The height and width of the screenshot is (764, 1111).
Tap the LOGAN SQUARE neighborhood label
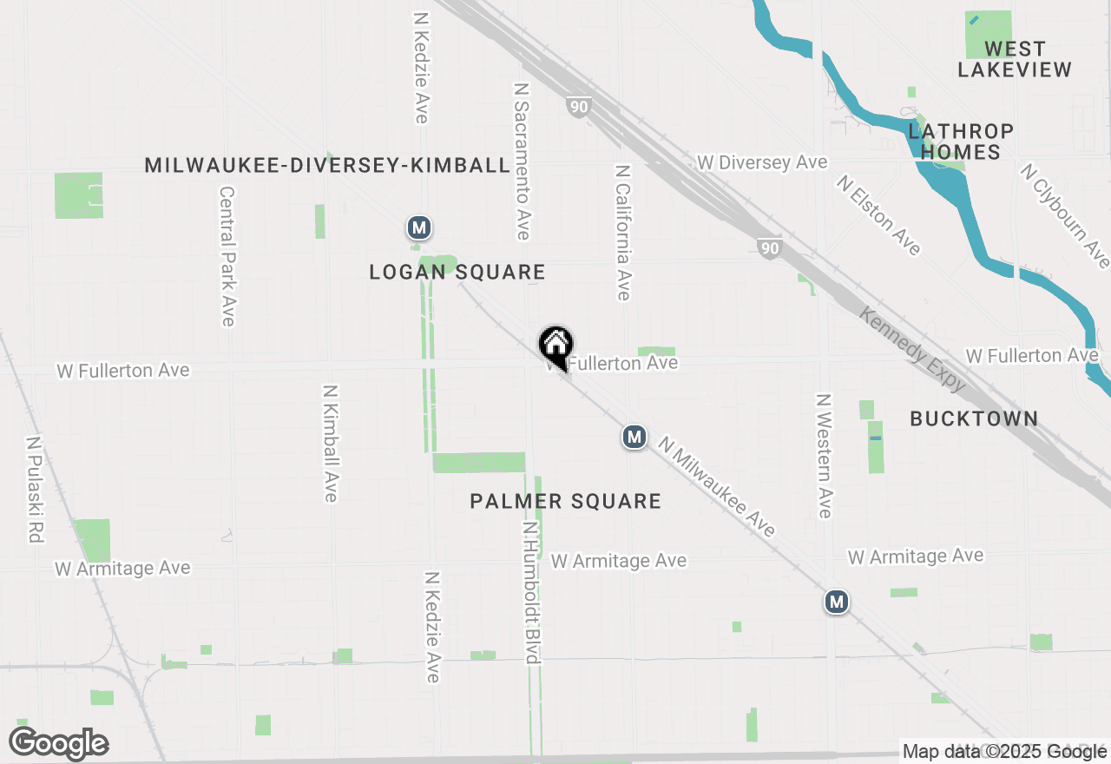click(x=457, y=273)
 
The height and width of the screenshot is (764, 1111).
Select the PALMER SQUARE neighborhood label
click(x=566, y=502)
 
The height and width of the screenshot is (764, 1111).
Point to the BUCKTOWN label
click(x=974, y=419)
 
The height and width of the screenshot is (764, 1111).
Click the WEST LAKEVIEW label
click(x=1015, y=59)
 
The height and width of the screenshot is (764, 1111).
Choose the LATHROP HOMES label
click(x=961, y=142)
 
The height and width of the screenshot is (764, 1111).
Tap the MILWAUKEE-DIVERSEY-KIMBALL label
click(x=327, y=166)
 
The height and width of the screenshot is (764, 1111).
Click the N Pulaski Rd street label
click(x=34, y=490)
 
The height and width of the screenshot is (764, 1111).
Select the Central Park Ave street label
click(x=227, y=256)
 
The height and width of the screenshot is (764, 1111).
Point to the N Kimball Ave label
click(x=331, y=443)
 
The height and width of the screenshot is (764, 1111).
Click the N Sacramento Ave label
click(x=522, y=161)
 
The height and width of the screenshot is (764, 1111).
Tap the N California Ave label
click(x=622, y=233)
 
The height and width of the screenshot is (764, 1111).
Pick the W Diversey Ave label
click(x=762, y=163)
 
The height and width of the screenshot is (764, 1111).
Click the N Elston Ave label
click(x=878, y=215)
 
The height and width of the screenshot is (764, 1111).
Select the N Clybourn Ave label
click(x=1065, y=216)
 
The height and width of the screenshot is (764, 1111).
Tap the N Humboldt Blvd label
click(x=532, y=592)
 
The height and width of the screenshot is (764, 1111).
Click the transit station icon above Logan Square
click(x=419, y=228)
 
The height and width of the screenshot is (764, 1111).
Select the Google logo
click(x=58, y=744)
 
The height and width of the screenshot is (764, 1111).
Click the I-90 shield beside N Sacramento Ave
click(x=579, y=108)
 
